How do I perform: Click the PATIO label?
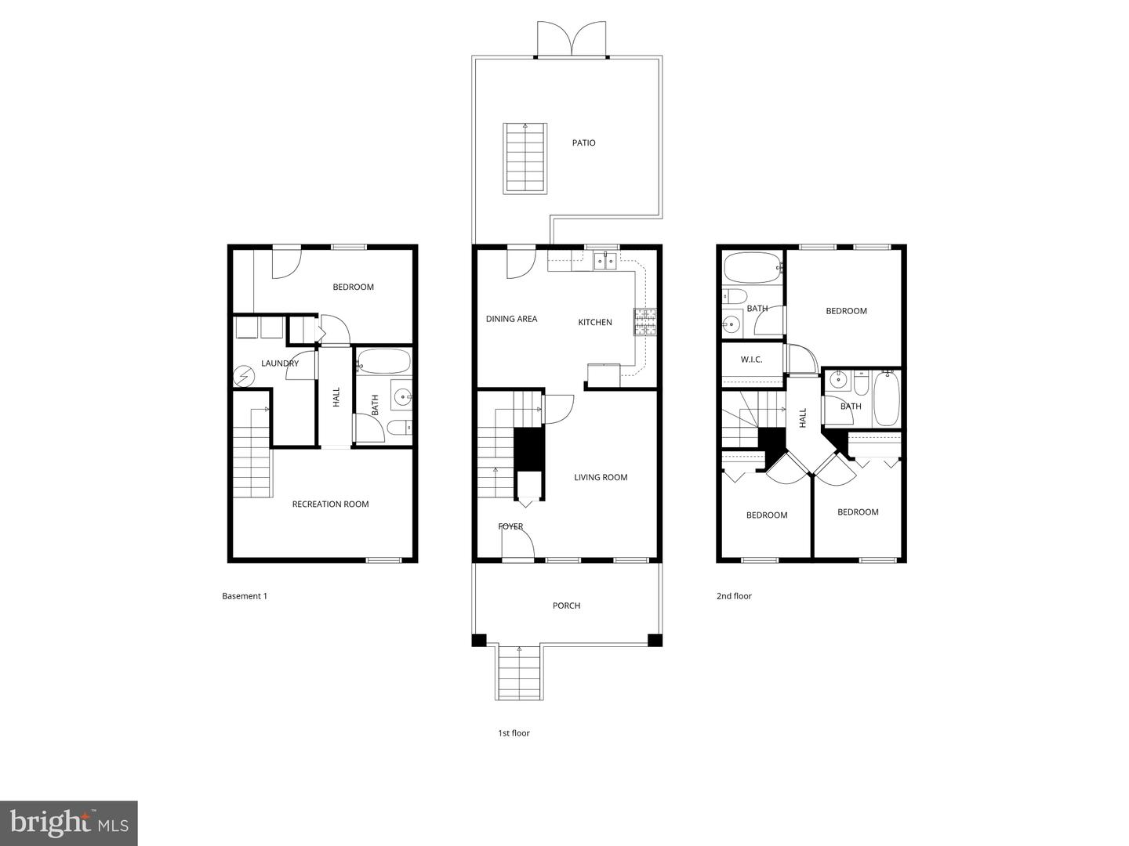pos(583,143)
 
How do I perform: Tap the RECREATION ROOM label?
pos(330,504)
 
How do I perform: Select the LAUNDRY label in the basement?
pos(280,363)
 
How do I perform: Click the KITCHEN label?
pos(595,322)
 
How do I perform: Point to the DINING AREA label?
pos(511,319)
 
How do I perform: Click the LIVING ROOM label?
pos(601,477)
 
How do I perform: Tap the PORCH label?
pos(566,606)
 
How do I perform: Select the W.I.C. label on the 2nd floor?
pos(751,360)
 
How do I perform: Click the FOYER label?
pos(510,526)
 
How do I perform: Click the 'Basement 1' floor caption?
pos(245,596)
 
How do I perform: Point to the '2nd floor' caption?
pos(734,596)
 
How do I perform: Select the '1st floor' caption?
pos(514,733)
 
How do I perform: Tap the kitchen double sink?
pos(604,261)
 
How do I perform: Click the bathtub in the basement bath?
pos(383,363)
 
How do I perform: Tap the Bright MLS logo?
pos(69,822)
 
